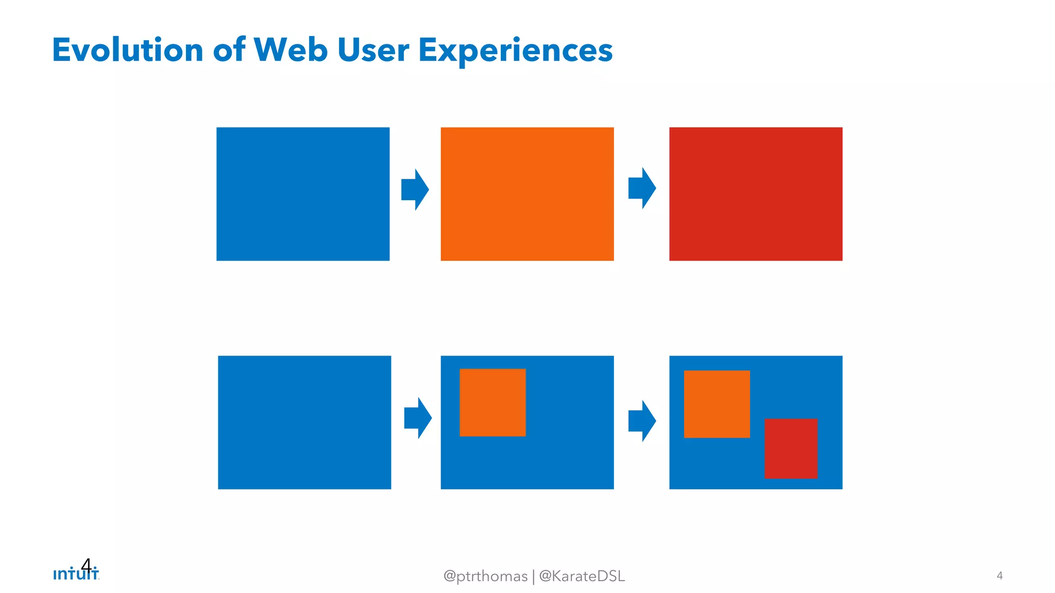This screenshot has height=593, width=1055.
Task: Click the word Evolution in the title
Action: [x=128, y=50]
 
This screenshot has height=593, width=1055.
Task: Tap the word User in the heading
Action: [x=373, y=50]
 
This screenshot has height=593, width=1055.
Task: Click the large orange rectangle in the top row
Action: [x=527, y=194]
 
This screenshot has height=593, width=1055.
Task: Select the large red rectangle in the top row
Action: [x=756, y=194]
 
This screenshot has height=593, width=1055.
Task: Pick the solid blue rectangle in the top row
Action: [x=303, y=194]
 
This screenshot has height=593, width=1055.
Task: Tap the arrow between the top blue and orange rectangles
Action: [x=415, y=189]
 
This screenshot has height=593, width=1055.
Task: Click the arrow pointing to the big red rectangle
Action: [x=642, y=188]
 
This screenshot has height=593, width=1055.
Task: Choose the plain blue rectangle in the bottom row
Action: [x=304, y=422]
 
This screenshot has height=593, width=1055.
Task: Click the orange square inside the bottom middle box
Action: [x=492, y=403]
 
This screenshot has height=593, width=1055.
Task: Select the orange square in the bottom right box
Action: [x=717, y=404]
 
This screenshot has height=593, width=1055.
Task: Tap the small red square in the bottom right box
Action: [x=791, y=448]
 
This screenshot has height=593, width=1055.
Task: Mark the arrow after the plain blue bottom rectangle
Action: [x=418, y=418]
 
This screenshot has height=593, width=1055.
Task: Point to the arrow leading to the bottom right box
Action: [x=642, y=421]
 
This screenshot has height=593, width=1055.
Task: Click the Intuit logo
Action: [x=76, y=574]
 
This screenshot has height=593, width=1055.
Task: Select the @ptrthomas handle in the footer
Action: [x=485, y=576]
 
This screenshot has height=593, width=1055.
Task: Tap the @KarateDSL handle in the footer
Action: [x=582, y=576]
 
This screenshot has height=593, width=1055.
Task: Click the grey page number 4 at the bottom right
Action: [x=999, y=575]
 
